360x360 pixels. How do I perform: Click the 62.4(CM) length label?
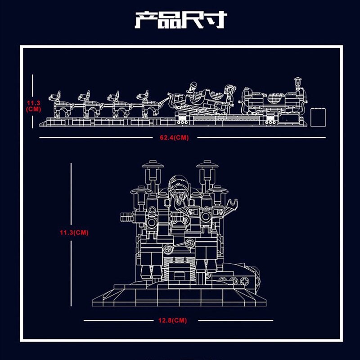[x=174, y=138]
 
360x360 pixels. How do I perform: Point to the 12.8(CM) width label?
[x=173, y=320]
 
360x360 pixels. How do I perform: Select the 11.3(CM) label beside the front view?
[x=74, y=233]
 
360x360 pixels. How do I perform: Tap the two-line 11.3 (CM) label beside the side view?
[x=33, y=106]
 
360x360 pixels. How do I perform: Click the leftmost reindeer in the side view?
[x=60, y=104]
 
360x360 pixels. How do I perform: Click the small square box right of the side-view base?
[x=318, y=117]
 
